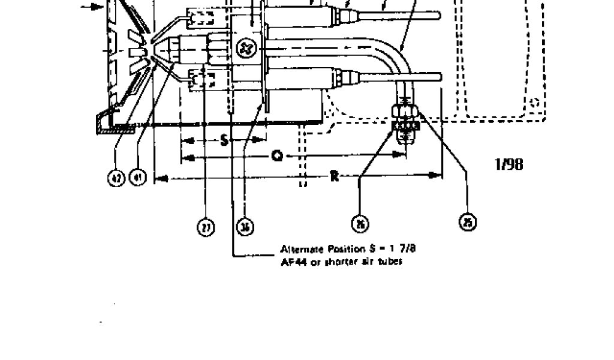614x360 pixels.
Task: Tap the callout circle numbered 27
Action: [x=206, y=228]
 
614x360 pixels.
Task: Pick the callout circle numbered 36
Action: [x=245, y=227]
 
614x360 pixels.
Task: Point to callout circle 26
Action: [x=360, y=224]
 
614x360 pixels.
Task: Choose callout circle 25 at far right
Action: [x=468, y=223]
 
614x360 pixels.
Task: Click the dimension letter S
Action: [x=224, y=141]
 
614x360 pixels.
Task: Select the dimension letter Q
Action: [x=277, y=156]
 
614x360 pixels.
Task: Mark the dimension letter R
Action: [x=335, y=176]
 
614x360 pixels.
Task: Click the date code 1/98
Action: [x=509, y=164]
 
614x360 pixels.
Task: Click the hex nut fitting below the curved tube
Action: [x=405, y=112]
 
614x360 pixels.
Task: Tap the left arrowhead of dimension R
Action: [x=159, y=178]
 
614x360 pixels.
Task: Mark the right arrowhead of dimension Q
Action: [x=403, y=155]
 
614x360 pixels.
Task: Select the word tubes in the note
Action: [x=389, y=262]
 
